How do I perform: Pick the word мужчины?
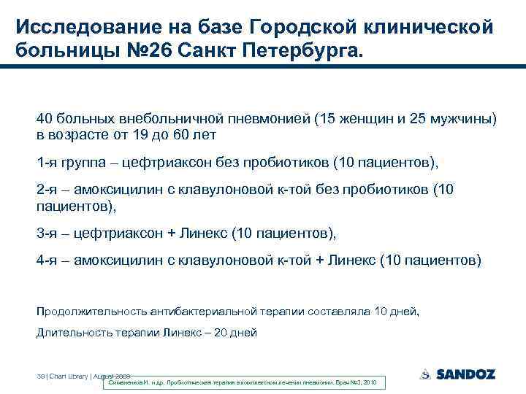click(x=465, y=119)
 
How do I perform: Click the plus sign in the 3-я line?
click(x=172, y=233)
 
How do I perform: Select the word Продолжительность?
click(x=91, y=312)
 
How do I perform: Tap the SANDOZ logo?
click(x=457, y=374)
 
